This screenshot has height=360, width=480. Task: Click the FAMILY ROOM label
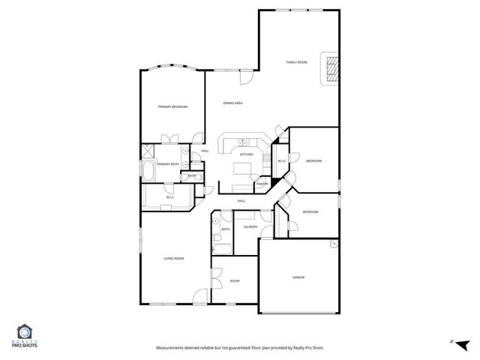297,62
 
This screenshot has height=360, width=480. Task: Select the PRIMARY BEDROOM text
172,107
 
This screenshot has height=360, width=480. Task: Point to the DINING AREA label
232,103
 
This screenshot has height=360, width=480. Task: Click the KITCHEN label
246,154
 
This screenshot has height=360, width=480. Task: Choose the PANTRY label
262,184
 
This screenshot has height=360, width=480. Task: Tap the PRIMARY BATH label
167,163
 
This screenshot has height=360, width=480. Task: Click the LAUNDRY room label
250,226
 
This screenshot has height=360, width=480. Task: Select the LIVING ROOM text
174,259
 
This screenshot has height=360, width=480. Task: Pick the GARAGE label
298,277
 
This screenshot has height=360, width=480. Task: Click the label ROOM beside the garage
234,281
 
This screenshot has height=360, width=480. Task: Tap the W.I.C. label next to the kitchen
282,161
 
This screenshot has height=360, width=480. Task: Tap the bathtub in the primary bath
148,172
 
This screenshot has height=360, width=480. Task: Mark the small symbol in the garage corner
332,243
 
